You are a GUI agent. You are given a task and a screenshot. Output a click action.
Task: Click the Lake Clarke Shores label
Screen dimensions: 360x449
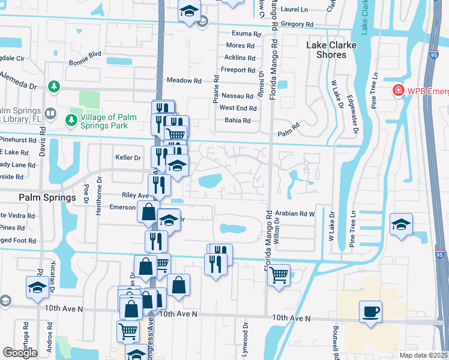pos(327,50)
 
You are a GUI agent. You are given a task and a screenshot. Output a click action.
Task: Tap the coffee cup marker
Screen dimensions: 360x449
pos(370,312)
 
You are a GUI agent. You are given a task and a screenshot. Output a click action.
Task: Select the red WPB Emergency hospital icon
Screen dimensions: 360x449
pos(397,91)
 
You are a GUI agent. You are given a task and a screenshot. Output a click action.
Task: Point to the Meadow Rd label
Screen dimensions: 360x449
pos(184,80)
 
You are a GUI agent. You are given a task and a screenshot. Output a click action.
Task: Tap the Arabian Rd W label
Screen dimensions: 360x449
pos(295,213)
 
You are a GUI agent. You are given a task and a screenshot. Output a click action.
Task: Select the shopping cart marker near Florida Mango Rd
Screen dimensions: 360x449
pos(278,275)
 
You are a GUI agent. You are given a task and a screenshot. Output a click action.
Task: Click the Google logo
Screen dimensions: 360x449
pos(20,353)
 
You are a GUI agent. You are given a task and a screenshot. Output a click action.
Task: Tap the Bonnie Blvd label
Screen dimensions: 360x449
pos(85,54)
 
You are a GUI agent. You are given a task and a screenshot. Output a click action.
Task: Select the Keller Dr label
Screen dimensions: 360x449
pos(128,158)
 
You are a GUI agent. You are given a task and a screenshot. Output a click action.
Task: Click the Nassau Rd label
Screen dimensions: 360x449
pos(237,96)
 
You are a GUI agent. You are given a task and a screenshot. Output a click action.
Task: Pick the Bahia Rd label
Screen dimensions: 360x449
pos(238,121)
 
